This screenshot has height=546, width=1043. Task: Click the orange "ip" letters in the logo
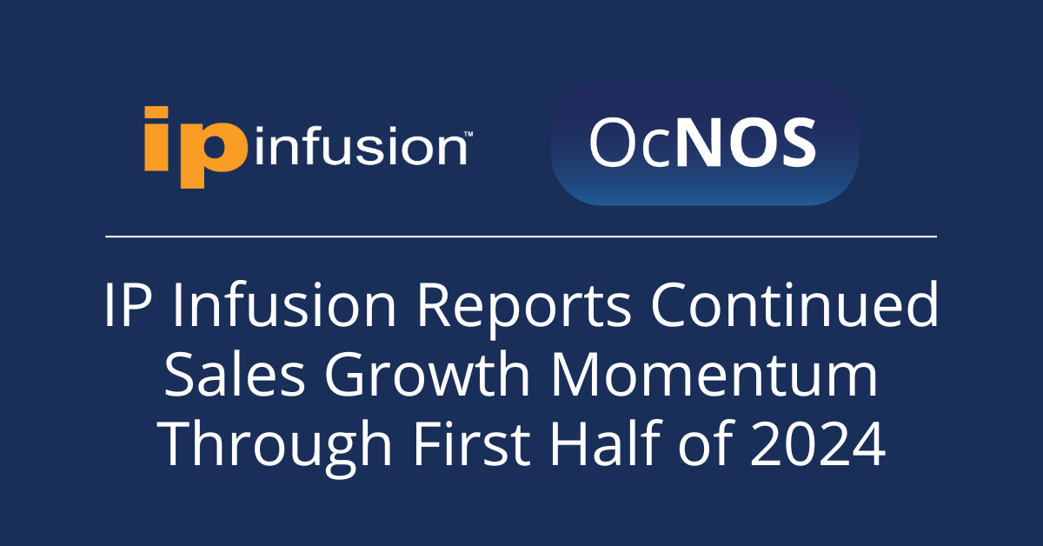click(196, 147)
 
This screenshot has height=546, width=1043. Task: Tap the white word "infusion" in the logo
click(361, 145)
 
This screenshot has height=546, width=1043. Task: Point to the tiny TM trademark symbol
click(468, 134)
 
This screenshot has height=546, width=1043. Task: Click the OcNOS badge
click(705, 143)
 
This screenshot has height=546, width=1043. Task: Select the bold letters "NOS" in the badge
click(746, 142)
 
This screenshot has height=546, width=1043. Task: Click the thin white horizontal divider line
click(521, 236)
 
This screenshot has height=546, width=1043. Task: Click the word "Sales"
click(235, 374)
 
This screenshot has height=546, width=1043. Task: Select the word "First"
click(472, 443)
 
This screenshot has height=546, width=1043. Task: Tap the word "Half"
click(606, 443)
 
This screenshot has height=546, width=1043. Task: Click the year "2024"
click(818, 444)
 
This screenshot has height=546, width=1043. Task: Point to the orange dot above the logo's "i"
click(156, 112)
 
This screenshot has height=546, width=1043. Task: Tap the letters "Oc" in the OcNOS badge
click(630, 143)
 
